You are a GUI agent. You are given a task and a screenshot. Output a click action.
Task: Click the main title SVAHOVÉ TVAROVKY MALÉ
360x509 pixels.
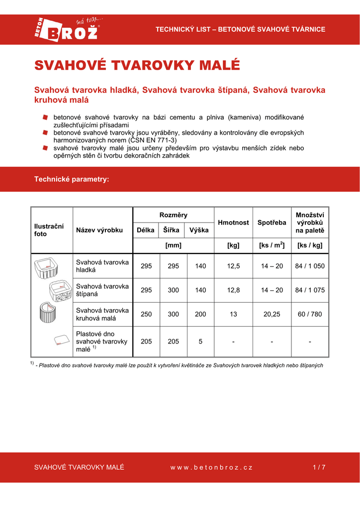(x=137, y=66)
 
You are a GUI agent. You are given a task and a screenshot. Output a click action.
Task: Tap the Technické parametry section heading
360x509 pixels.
(x=72, y=179)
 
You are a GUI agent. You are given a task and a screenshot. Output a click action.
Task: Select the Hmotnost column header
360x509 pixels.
(x=233, y=223)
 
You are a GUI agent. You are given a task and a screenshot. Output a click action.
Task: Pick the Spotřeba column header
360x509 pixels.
(x=272, y=223)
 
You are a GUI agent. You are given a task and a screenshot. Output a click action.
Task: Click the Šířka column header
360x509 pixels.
(x=172, y=230)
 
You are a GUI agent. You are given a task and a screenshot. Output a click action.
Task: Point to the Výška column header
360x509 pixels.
(x=199, y=230)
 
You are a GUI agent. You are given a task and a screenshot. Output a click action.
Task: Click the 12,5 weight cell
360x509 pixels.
(x=233, y=266)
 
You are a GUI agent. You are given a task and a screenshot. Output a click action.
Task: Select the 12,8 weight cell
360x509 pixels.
(x=233, y=290)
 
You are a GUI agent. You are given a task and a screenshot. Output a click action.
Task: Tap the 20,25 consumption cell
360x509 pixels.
(x=272, y=314)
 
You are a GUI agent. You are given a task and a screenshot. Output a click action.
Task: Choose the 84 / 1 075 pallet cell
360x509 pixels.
(x=310, y=290)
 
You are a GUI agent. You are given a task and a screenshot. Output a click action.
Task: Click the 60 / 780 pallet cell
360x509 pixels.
(x=310, y=314)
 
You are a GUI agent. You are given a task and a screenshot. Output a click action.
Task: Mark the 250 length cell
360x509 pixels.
(x=146, y=314)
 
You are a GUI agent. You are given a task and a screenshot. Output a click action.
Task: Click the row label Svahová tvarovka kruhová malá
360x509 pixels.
(x=102, y=314)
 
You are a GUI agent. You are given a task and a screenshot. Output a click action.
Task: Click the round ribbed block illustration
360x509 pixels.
(x=49, y=313)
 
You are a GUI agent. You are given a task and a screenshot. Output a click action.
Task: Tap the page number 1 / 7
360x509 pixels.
(x=319, y=467)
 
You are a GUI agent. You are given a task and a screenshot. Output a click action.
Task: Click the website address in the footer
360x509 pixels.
(x=211, y=467)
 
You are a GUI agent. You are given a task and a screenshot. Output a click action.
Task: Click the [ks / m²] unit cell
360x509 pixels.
(x=272, y=245)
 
